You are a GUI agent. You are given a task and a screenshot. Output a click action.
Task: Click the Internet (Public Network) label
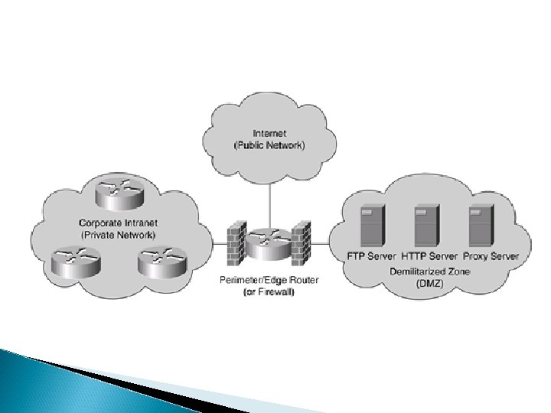(x=269, y=140)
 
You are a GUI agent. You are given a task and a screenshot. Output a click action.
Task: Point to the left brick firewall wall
(x=236, y=242)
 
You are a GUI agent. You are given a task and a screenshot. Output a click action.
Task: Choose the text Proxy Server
(x=490, y=255)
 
